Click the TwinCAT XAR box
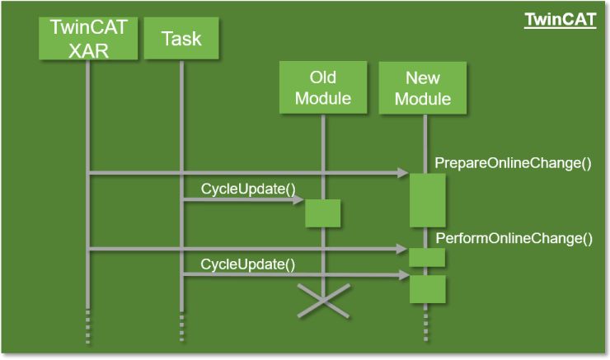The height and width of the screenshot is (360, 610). (x=88, y=39)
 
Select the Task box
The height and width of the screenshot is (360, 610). (x=181, y=39)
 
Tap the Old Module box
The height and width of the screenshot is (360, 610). (x=323, y=88)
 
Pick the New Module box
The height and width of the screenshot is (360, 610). (x=423, y=88)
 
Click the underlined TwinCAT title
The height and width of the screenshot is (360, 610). (x=560, y=19)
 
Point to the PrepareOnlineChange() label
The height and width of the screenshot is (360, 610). (x=513, y=162)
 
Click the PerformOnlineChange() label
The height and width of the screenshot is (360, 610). (x=514, y=239)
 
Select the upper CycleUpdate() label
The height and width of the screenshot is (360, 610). (x=248, y=189)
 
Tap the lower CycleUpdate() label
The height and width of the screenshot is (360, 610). (x=248, y=264)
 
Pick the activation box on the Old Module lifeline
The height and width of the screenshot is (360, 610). (x=323, y=213)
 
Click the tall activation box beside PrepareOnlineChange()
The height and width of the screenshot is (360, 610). (x=427, y=199)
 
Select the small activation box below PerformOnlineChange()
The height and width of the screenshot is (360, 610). (x=427, y=257)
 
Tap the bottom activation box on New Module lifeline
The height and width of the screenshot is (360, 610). (x=427, y=289)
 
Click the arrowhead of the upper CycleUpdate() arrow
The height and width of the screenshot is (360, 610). (x=299, y=199)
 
